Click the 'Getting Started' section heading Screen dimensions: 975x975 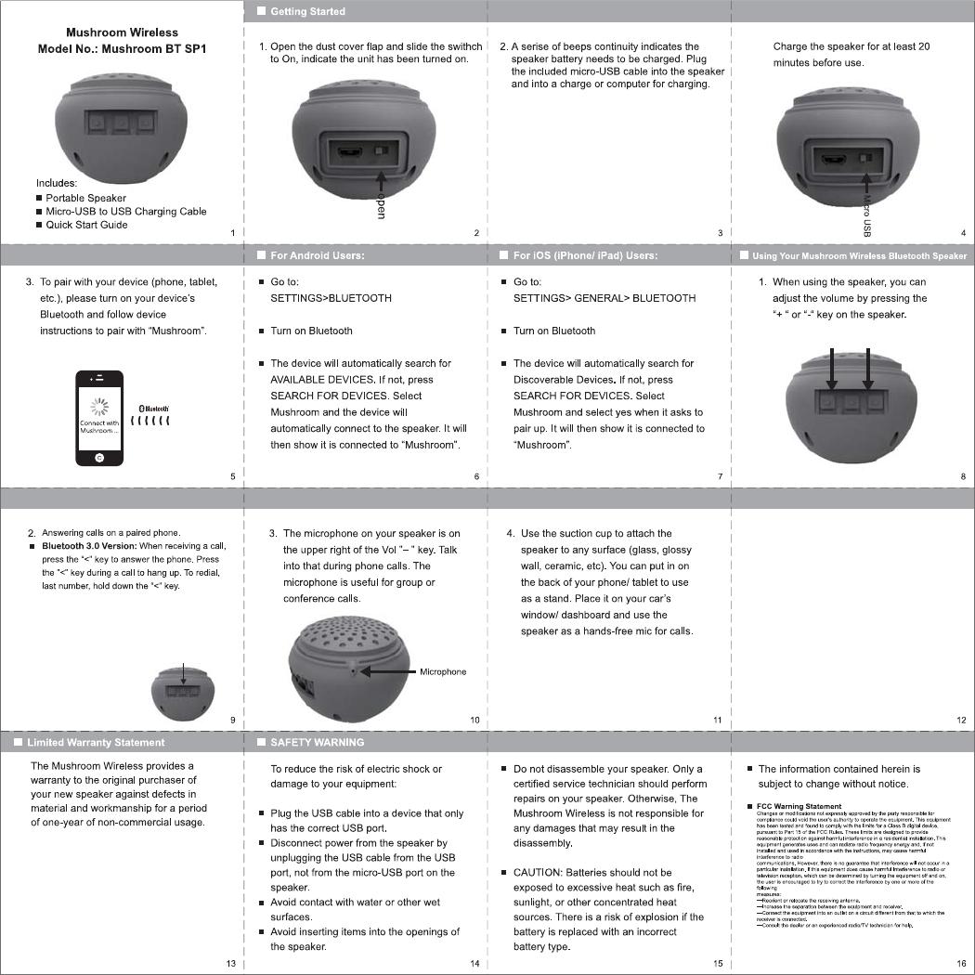coord(307,11)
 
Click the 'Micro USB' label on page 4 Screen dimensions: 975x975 coord(866,214)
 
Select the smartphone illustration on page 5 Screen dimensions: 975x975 coord(99,417)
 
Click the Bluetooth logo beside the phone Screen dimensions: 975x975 coord(153,408)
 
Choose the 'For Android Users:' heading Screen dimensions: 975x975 coord(317,255)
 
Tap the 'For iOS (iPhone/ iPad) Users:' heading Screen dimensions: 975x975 coord(585,255)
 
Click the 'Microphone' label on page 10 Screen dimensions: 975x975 coord(443,671)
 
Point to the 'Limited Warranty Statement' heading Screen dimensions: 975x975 coord(95,743)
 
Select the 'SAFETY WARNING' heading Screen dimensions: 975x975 coord(317,743)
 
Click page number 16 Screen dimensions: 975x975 coord(961,963)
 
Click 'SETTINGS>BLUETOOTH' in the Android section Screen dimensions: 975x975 coord(331,298)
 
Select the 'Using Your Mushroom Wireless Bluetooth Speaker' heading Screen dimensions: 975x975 coord(859,255)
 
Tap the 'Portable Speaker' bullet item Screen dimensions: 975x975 coord(85,198)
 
